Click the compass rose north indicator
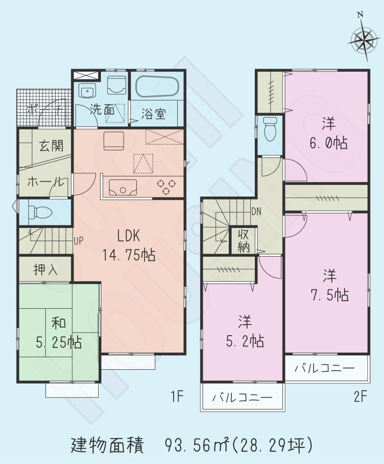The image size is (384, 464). pos(363,39)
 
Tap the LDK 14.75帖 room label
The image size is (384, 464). pos(130,245)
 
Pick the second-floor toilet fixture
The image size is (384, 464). pos(270,128)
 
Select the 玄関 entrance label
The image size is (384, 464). pos(50,146)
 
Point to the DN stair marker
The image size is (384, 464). pos(257,211)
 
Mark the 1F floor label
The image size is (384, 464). pos(176,397)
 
